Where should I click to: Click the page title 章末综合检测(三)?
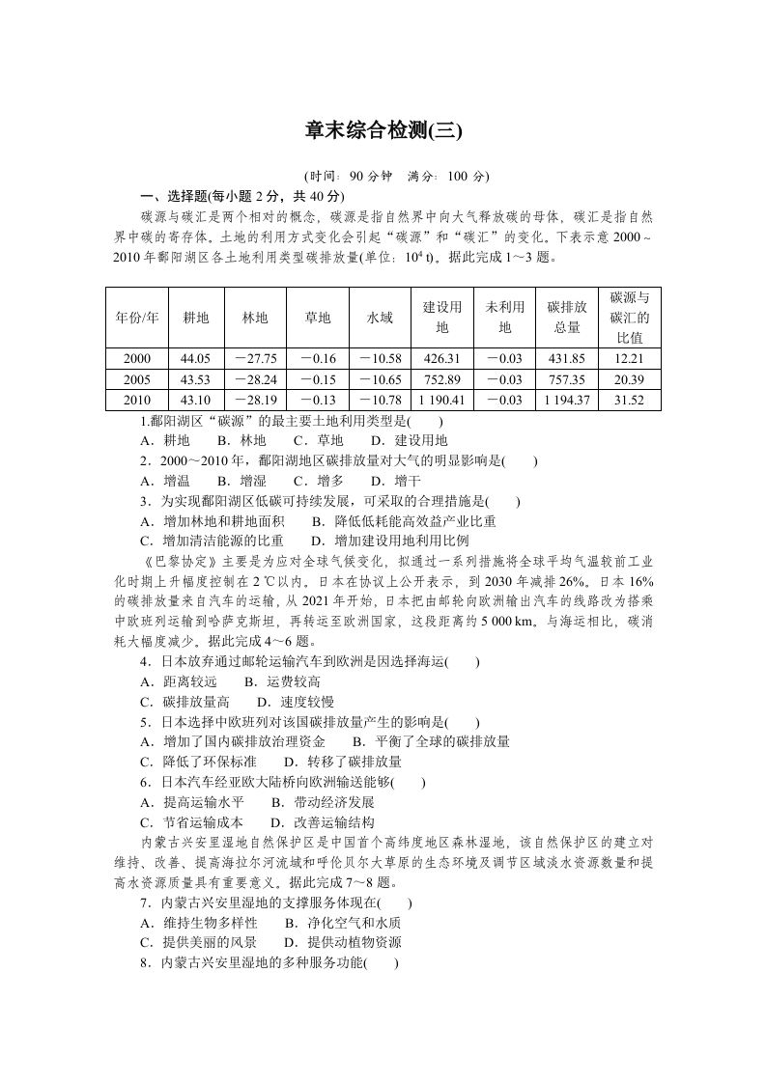point(383,130)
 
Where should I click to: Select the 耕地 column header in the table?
point(195,318)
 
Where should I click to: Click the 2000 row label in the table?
point(136,358)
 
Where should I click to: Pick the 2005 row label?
point(136,379)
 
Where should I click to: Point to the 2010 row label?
point(136,400)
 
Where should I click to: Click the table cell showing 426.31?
point(441,358)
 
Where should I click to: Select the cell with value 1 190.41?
point(441,400)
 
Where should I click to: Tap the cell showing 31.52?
point(629,400)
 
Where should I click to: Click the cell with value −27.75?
point(256,358)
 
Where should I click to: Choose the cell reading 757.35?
point(566,379)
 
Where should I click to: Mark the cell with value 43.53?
point(195,379)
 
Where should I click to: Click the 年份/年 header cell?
point(136,318)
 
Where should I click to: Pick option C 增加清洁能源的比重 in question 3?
point(213,541)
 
